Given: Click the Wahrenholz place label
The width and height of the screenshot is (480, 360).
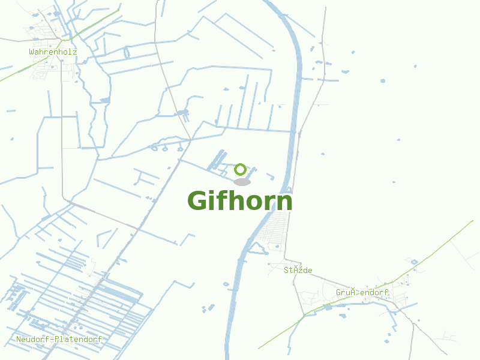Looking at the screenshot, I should (x=53, y=52).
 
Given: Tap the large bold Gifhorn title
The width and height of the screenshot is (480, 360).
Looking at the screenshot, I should (x=240, y=201).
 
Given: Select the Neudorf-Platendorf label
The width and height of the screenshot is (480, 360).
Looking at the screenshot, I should (x=59, y=339).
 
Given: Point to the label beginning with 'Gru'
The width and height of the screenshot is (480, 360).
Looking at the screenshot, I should (x=362, y=292).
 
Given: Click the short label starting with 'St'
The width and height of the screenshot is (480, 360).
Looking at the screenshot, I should (x=298, y=270).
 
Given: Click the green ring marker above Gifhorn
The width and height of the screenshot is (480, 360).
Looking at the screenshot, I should (x=241, y=169).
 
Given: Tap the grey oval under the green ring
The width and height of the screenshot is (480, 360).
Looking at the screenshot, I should (x=242, y=182).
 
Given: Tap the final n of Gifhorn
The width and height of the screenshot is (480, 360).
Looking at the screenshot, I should (x=285, y=202).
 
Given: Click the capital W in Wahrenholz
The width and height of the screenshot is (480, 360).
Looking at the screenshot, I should (x=31, y=52).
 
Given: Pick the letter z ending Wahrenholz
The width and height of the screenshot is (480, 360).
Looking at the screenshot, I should (x=75, y=52).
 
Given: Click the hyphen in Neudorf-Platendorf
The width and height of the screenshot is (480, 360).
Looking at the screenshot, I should (x=50, y=339).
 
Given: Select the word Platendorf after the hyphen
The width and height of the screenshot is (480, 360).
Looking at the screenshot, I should (x=77, y=339).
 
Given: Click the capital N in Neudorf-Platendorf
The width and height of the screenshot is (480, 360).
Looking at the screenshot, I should (x=19, y=339).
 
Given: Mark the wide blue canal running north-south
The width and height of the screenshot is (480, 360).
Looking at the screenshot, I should (x=297, y=90).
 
